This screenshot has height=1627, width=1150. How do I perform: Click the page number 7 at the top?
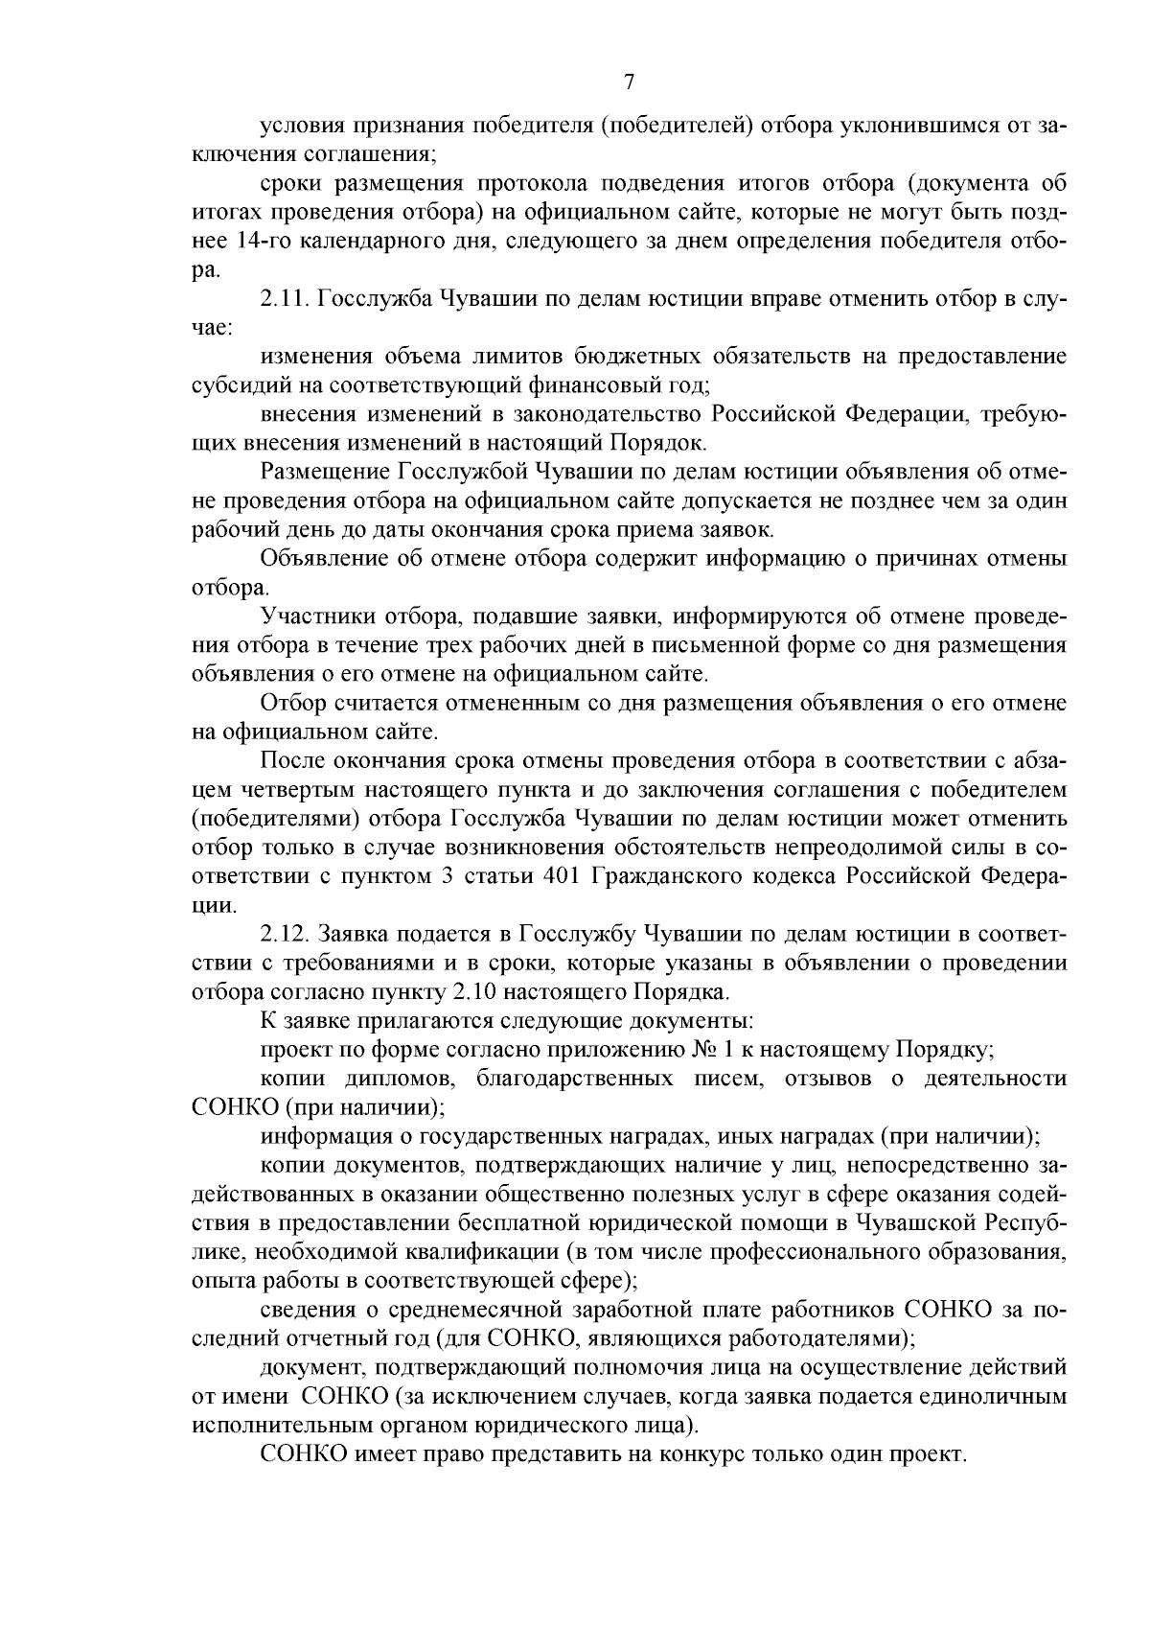click(x=630, y=82)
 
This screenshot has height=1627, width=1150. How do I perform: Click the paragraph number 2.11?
click(x=284, y=299)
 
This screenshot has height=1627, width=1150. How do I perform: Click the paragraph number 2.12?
click(x=285, y=933)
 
